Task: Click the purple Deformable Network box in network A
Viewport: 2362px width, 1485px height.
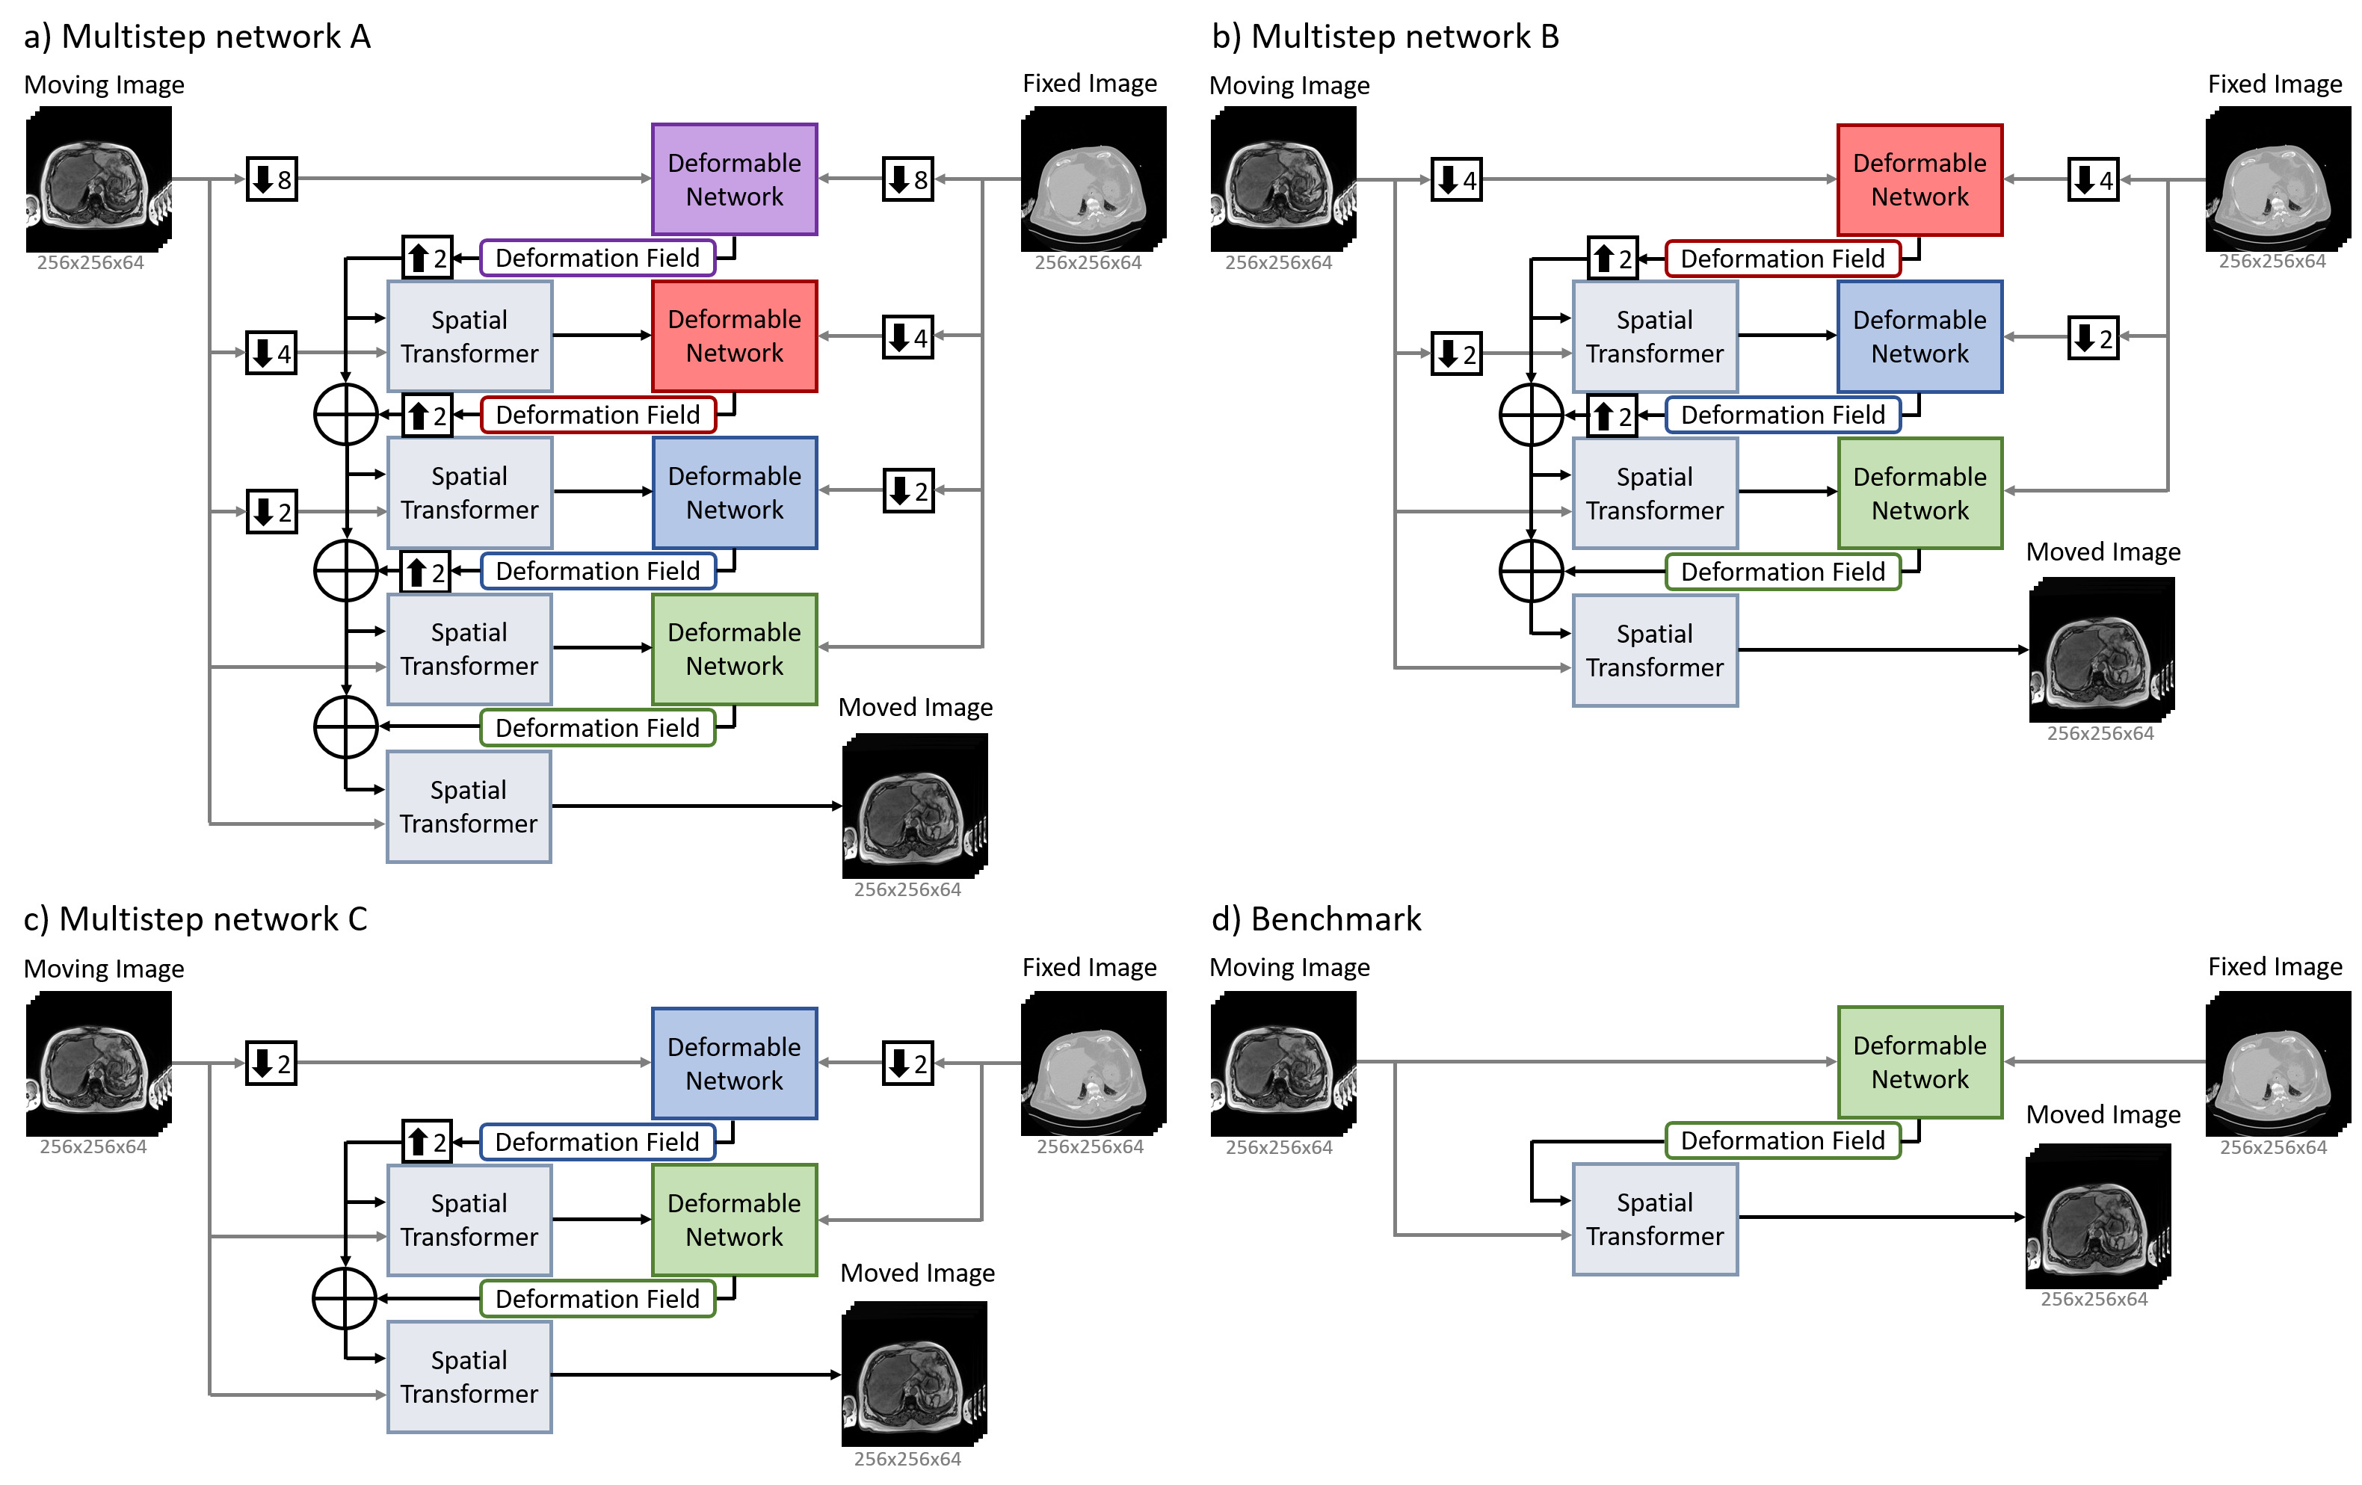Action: pyautogui.click(x=735, y=179)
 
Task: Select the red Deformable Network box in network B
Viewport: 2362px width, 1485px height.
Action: pyautogui.click(x=1919, y=179)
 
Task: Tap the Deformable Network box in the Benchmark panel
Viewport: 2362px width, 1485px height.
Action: pyautogui.click(x=1919, y=1062)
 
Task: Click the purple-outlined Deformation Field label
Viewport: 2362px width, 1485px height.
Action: pyautogui.click(x=597, y=258)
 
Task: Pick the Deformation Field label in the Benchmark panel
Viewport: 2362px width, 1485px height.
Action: pyautogui.click(x=1782, y=1140)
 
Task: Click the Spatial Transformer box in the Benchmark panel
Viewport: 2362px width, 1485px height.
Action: pyautogui.click(x=1655, y=1219)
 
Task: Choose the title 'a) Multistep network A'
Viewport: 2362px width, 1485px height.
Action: pyautogui.click(x=197, y=37)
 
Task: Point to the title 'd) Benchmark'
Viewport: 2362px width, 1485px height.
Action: pyautogui.click(x=1316, y=919)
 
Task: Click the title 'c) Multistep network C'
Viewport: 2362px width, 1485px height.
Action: pyautogui.click(x=195, y=919)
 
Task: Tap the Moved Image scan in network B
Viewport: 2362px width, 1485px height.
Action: pyautogui.click(x=2101, y=649)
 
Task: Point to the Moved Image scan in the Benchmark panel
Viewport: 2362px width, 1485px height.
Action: pyautogui.click(x=2098, y=1216)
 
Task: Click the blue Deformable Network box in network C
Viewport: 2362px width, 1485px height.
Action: pyautogui.click(x=735, y=1063)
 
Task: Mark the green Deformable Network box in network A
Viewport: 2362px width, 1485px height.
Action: pyautogui.click(x=735, y=649)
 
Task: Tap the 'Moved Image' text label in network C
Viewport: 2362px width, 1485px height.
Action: pyautogui.click(x=917, y=1273)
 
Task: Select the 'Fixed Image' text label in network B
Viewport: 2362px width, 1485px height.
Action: pyautogui.click(x=2275, y=84)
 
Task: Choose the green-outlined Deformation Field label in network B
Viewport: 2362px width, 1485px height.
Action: pyautogui.click(x=1782, y=572)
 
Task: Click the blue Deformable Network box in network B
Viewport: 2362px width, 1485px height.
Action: pyautogui.click(x=1919, y=336)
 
